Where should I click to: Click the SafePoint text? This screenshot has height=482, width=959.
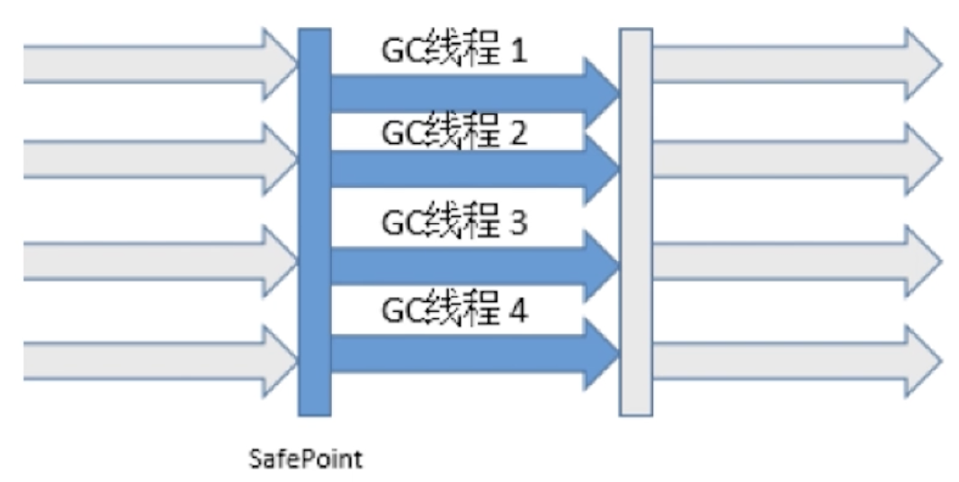(x=305, y=460)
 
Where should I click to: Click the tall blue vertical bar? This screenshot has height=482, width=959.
(x=314, y=222)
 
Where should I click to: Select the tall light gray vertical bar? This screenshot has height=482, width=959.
(x=635, y=222)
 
